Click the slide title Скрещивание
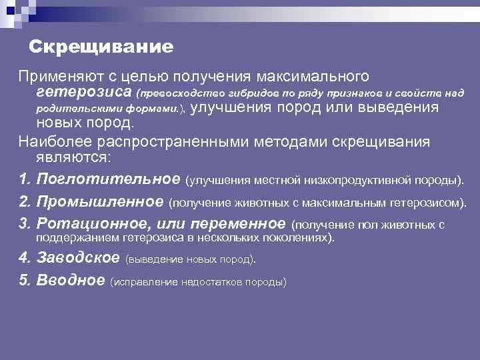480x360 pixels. [101, 47]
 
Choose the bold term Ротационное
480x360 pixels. [93, 223]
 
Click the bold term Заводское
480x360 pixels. [79, 257]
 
